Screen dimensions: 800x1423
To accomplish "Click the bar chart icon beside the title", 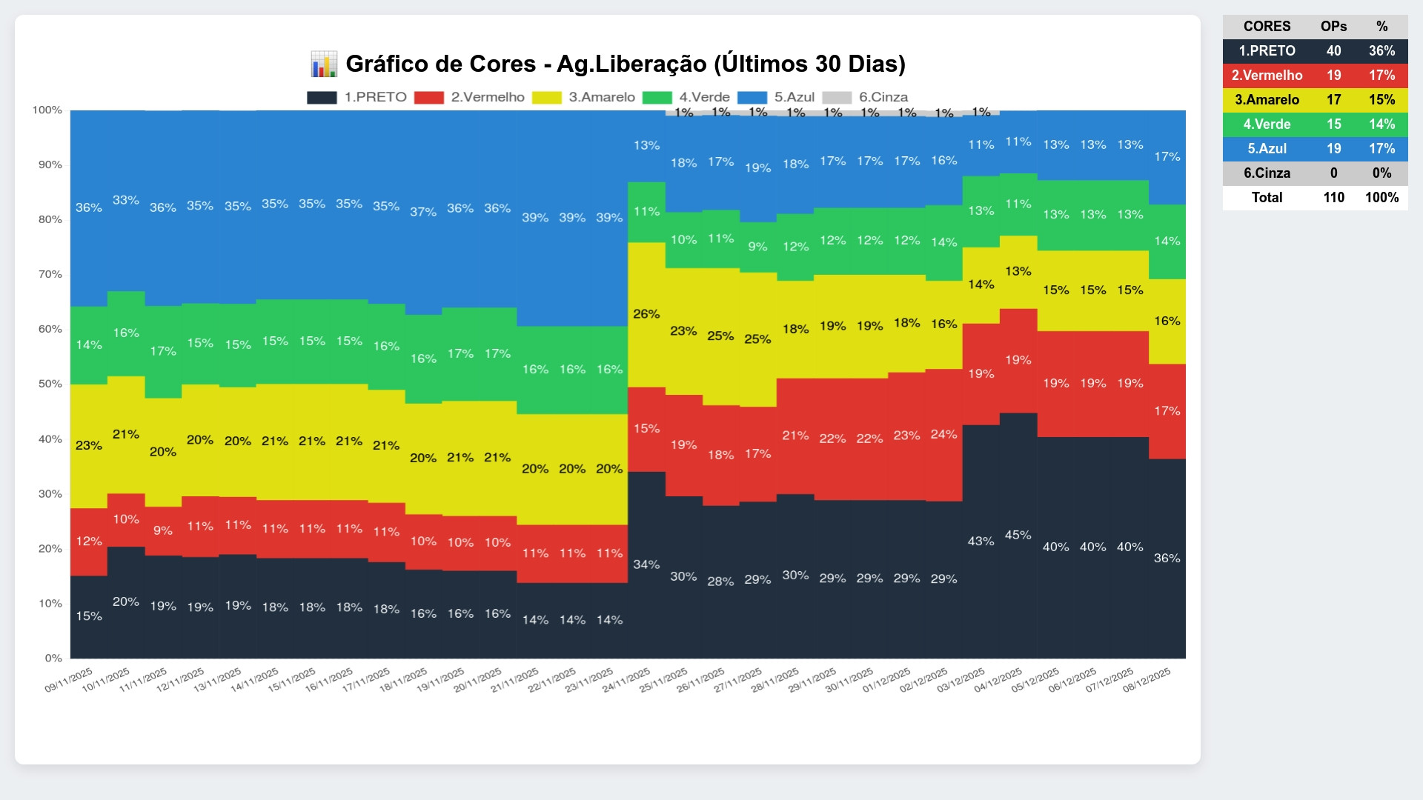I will (x=324, y=64).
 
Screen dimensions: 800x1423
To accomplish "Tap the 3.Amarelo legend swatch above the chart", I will (x=547, y=98).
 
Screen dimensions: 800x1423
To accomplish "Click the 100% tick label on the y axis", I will (x=47, y=110).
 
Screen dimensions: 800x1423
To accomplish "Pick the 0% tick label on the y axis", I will (x=53, y=658).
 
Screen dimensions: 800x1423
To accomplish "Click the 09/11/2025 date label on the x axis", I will (x=69, y=680).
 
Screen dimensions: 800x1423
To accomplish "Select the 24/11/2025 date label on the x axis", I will (x=626, y=680).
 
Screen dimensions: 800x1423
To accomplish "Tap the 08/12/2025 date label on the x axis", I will (x=1147, y=680).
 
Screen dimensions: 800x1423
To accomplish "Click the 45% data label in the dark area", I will (x=1018, y=535).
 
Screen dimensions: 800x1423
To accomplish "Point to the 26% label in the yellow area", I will (x=646, y=314).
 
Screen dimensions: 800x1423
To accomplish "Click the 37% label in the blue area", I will (x=423, y=212).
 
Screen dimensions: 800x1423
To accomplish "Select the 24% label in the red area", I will (x=943, y=434).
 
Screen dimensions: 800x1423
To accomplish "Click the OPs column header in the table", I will (x=1333, y=27).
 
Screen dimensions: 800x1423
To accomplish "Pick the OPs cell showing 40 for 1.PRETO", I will (x=1333, y=51).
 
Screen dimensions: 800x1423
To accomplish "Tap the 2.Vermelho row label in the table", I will (x=1267, y=76).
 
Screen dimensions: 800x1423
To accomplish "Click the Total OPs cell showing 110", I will (x=1333, y=198).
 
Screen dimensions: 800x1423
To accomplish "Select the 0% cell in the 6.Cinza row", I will (x=1381, y=173).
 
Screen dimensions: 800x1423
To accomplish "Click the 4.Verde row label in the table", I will (x=1267, y=124).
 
